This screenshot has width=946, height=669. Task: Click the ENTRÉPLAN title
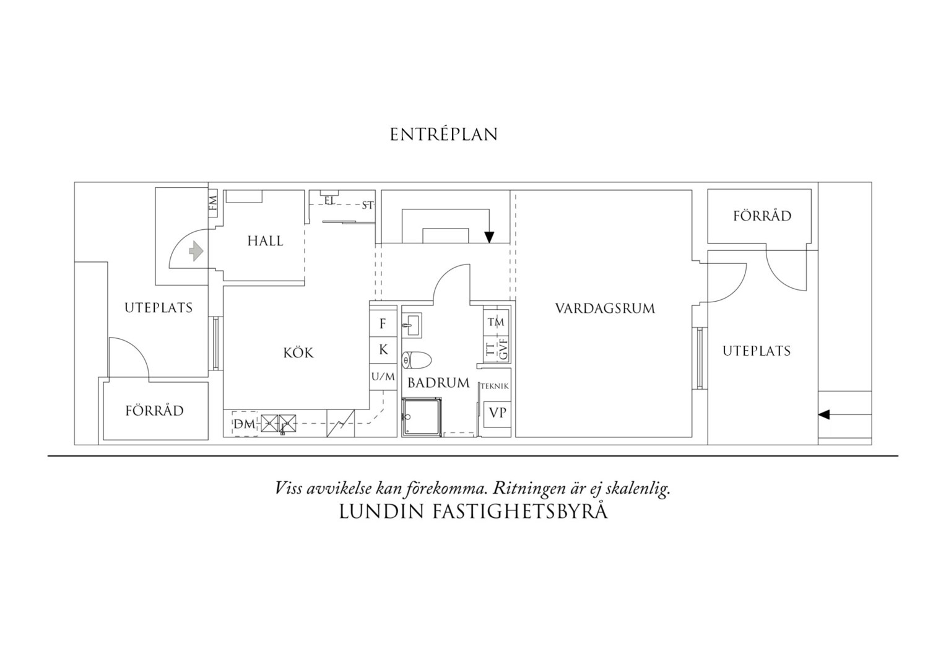tap(443, 134)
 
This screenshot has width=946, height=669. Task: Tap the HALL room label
tap(265, 241)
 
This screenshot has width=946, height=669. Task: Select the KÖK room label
tap(298, 352)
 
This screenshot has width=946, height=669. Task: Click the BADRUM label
tap(438, 383)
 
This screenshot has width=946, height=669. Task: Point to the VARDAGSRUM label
tap(605, 308)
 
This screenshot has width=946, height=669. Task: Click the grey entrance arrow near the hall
tap(196, 251)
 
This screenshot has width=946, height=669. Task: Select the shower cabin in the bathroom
tap(422, 417)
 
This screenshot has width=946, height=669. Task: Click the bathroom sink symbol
tap(411, 325)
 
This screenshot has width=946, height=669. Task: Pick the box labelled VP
tap(498, 413)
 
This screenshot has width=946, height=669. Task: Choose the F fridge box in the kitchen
tap(383, 324)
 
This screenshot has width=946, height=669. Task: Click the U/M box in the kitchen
tap(383, 377)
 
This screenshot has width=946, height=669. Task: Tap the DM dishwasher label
tap(245, 424)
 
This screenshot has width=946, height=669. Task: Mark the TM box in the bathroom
tap(497, 322)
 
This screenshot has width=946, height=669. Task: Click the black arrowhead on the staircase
tap(489, 237)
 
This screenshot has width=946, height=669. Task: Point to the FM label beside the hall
tap(213, 203)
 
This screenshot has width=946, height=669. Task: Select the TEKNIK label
tap(495, 387)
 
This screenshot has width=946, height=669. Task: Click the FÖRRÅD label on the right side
tap(762, 216)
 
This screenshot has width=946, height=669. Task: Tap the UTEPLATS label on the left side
tap(158, 308)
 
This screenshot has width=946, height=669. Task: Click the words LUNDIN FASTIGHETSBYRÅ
tap(473, 512)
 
